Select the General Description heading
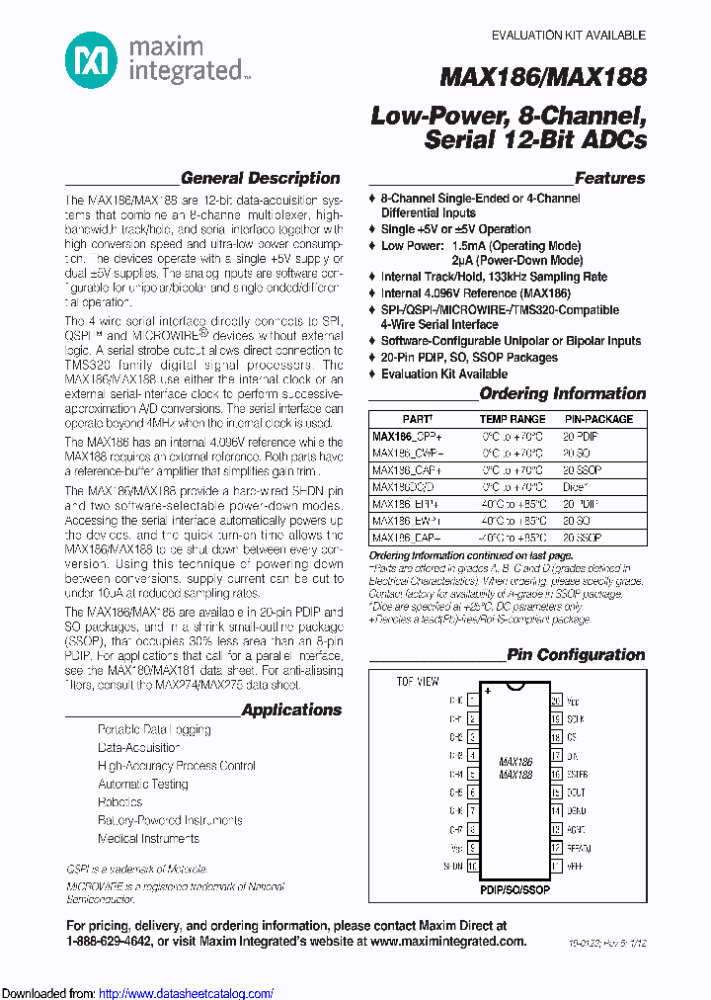[x=261, y=179]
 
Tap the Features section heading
[x=609, y=179]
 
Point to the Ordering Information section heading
[x=562, y=393]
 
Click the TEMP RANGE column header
[x=513, y=419]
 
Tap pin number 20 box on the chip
[x=557, y=700]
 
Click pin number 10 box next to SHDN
[x=473, y=866]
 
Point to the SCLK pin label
[x=576, y=718]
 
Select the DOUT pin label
[x=576, y=792]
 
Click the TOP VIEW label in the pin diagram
[x=418, y=682]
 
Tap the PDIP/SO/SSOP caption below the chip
[x=515, y=889]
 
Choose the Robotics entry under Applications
[x=120, y=802]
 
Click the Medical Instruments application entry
[x=148, y=839]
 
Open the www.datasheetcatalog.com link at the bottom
[x=187, y=993]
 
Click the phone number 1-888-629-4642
[x=123, y=943]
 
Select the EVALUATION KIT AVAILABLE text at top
[x=569, y=36]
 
